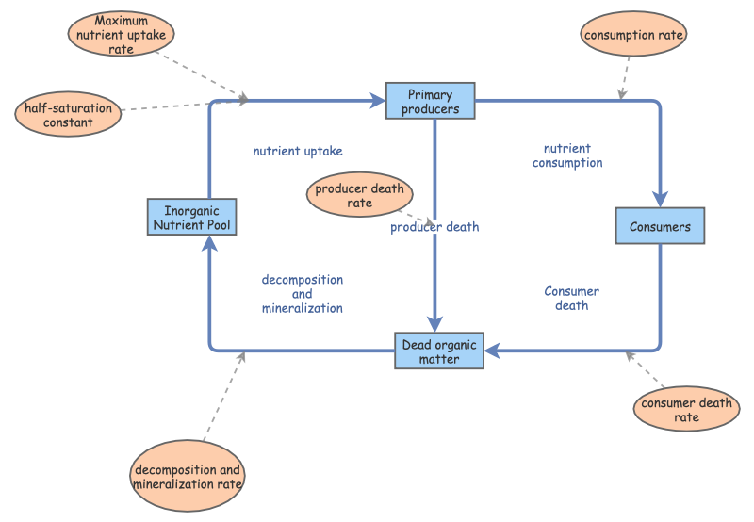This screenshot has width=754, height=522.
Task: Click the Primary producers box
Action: (430, 101)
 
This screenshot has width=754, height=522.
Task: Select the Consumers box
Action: (660, 227)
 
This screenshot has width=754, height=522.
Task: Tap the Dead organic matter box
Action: (438, 351)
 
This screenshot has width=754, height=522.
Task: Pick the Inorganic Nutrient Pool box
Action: (191, 217)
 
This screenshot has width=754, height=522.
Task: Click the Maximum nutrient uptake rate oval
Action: (122, 35)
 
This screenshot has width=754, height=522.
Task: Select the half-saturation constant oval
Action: (68, 115)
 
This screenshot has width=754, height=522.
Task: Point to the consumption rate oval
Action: (633, 36)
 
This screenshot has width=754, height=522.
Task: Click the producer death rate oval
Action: (359, 195)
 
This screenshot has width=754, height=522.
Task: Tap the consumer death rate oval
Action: (686, 410)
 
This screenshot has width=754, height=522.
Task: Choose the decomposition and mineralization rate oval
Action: (188, 477)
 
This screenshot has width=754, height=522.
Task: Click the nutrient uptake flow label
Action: (298, 151)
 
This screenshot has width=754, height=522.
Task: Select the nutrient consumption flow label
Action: (567, 155)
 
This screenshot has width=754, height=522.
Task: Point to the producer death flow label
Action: (435, 227)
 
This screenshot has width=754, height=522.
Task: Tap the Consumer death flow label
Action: (571, 298)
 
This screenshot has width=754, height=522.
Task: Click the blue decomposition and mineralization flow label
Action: (302, 294)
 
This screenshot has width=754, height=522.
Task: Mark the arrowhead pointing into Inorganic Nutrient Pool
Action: (207, 244)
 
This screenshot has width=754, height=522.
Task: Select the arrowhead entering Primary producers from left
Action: (377, 99)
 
